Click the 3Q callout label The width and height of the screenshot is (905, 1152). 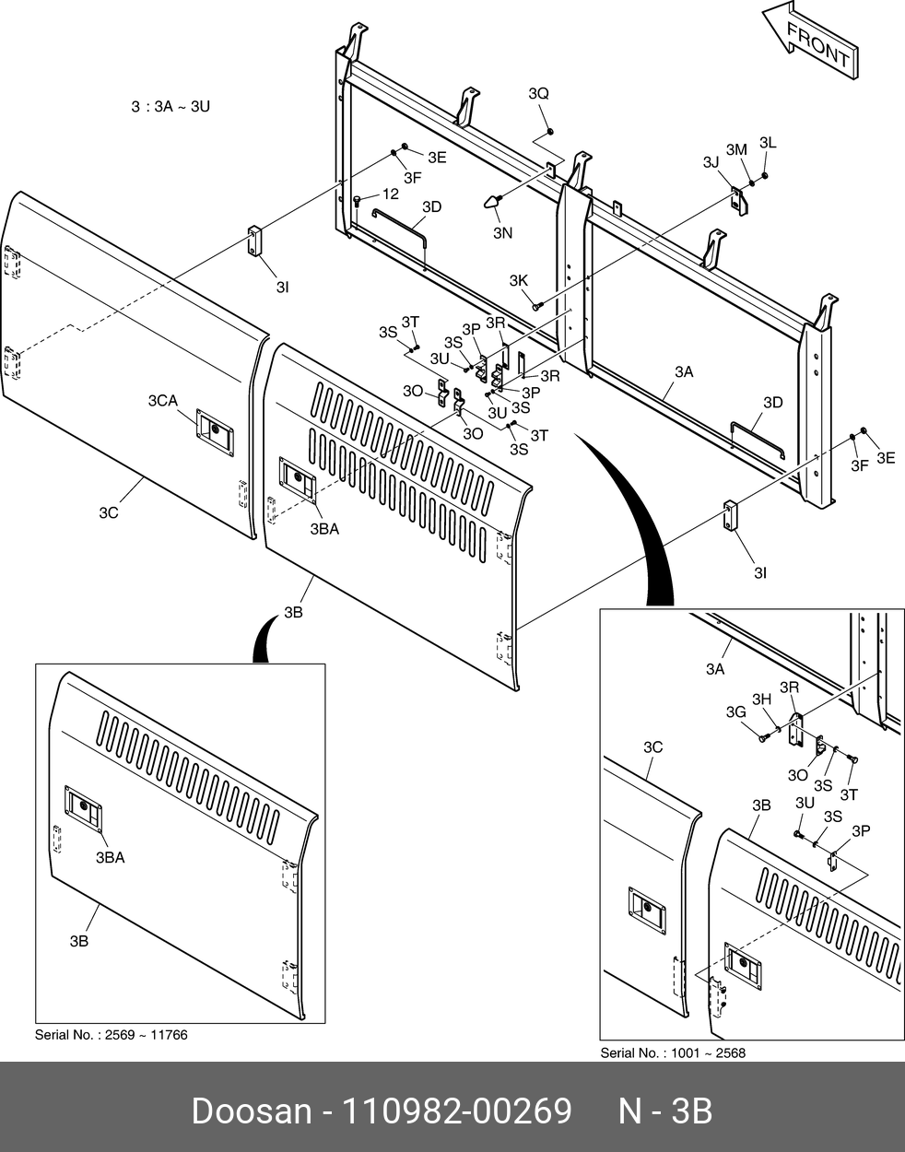(x=538, y=94)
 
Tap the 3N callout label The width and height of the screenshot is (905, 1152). (x=502, y=233)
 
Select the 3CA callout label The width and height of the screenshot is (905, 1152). (x=163, y=400)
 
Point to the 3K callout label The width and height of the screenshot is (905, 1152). (x=518, y=280)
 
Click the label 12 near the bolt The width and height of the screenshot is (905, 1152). (x=390, y=194)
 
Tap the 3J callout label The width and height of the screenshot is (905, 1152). (x=711, y=162)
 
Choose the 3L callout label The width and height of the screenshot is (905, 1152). (x=768, y=143)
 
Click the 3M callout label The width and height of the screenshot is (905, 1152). (x=735, y=149)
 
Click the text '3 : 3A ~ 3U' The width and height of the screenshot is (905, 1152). (x=170, y=107)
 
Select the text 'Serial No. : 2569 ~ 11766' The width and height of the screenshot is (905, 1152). (x=111, y=1035)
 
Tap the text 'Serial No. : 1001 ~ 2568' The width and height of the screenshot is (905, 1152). (x=673, y=1052)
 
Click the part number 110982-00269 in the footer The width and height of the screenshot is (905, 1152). (x=457, y=1111)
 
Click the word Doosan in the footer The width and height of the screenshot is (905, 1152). (x=251, y=1111)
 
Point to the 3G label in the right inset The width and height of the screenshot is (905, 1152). (x=735, y=711)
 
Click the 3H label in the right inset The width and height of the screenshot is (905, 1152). (x=761, y=699)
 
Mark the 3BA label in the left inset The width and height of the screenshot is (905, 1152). (x=110, y=857)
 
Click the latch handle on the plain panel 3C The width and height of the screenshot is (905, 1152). (x=214, y=429)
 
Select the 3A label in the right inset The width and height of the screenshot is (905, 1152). (x=715, y=670)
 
